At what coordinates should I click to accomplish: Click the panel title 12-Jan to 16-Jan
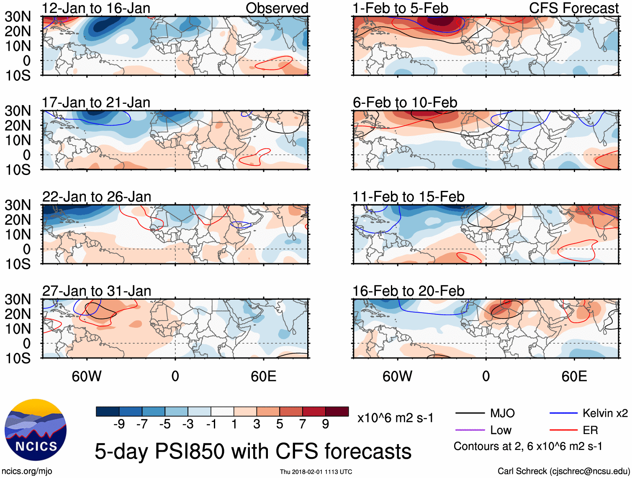[x=96, y=8]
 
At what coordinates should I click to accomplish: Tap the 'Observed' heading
[x=277, y=8]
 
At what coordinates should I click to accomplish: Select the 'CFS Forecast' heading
[x=573, y=8]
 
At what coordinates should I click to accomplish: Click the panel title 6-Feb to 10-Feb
[x=405, y=103]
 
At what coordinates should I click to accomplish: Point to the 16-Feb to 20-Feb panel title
[x=408, y=291]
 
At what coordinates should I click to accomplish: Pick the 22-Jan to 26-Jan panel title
[x=97, y=197]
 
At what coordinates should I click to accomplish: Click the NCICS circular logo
[x=36, y=430]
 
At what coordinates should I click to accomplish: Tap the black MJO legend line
[x=470, y=414]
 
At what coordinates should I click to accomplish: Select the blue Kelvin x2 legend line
[x=563, y=414]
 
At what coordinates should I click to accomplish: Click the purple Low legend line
[x=470, y=430]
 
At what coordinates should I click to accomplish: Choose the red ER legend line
[x=563, y=430]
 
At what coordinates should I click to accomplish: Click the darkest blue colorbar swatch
[x=108, y=411]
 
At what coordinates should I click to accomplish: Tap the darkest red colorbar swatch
[x=337, y=411]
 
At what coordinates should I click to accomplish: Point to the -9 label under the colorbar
[x=119, y=424]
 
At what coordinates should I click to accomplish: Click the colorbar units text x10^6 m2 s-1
[x=395, y=418]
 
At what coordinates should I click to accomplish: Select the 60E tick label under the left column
[x=263, y=376]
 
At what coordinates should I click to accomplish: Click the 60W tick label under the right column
[x=397, y=376]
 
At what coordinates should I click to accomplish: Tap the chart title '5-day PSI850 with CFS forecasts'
[x=253, y=451]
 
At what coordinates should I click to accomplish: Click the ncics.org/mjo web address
[x=27, y=471]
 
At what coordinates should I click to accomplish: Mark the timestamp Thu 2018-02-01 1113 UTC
[x=316, y=472]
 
